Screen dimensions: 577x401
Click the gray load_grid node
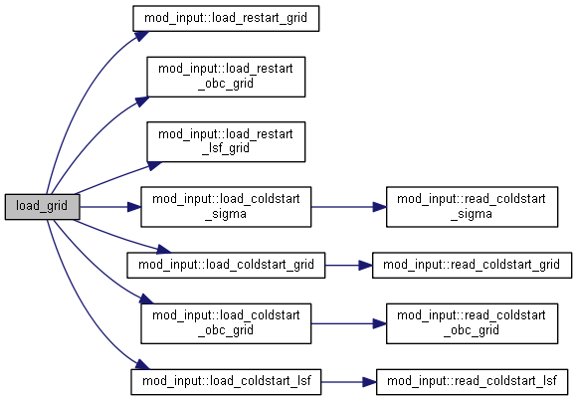click(x=42, y=207)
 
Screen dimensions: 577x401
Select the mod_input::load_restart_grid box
click(x=226, y=19)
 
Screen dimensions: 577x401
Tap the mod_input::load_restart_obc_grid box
click(x=226, y=77)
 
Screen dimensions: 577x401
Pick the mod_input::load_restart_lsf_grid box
click(x=226, y=141)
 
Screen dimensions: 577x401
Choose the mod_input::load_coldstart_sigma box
click(x=226, y=207)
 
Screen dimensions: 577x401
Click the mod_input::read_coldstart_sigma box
click(x=473, y=207)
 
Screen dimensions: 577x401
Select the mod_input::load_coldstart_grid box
click(x=226, y=265)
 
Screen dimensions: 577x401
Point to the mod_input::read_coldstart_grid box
click(x=473, y=265)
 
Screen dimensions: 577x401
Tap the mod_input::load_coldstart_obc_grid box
click(x=226, y=323)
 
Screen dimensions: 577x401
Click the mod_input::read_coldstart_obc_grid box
click(x=473, y=323)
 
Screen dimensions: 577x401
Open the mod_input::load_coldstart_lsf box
click(x=226, y=382)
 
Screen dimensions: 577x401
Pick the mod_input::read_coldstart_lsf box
click(x=473, y=382)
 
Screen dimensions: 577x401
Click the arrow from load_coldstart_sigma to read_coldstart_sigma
click(x=348, y=207)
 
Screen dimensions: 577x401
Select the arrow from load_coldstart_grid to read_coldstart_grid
click(x=348, y=265)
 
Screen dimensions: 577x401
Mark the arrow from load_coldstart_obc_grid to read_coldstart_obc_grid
click(x=348, y=323)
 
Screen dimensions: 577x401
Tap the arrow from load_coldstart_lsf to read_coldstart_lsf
click(x=348, y=382)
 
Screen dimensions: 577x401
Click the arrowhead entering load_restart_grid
click(x=141, y=36)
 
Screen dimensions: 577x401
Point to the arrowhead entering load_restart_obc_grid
click(x=142, y=100)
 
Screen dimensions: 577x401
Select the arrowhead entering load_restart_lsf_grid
click(x=154, y=165)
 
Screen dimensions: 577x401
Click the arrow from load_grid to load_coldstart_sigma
click(x=110, y=207)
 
